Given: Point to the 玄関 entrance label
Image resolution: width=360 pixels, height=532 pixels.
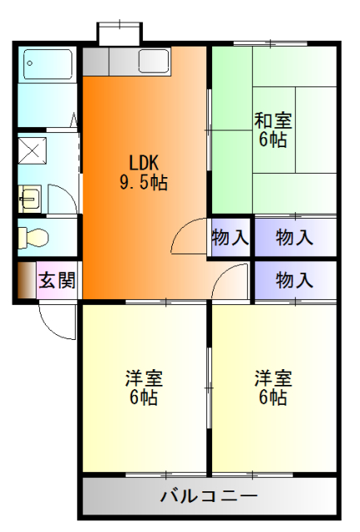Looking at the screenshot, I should point(57,280).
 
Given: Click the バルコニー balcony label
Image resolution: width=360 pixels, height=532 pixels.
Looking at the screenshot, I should point(209,497).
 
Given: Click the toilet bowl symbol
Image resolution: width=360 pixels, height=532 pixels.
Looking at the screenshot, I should point(36,237).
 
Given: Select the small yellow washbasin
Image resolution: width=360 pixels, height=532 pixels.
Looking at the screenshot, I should point(30,198).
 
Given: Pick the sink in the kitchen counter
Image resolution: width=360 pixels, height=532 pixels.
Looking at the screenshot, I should point(154,61).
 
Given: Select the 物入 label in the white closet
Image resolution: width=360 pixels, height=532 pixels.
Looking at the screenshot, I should point(230,238).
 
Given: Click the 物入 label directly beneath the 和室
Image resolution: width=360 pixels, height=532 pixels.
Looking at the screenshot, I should point(294,238).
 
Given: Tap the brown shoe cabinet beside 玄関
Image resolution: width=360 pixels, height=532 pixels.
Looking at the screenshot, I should point(26,280).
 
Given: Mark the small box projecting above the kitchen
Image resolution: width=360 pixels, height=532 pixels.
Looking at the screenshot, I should point(118,33).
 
